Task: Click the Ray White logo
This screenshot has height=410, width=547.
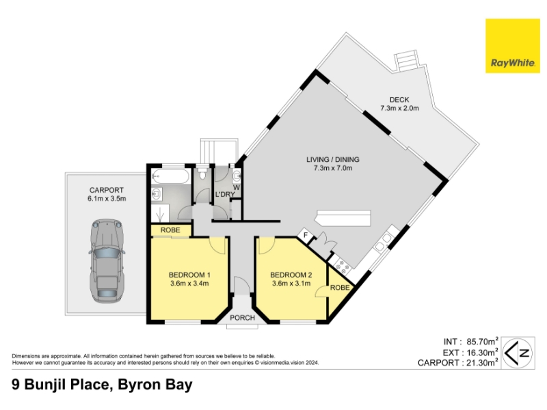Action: (512, 46)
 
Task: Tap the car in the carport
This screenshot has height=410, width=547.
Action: (107, 260)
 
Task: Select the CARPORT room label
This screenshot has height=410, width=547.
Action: (107, 190)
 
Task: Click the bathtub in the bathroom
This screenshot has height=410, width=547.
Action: (170, 176)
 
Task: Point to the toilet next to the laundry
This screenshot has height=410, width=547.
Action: (202, 174)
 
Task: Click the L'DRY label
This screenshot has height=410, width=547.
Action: (225, 194)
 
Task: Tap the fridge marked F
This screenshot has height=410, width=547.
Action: (306, 235)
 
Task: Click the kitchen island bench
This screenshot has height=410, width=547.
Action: (343, 218)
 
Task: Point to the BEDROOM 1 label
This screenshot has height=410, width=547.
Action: (189, 275)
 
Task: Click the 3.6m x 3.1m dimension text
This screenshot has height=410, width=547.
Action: (291, 284)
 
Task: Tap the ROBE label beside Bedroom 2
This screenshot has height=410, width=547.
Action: (340, 288)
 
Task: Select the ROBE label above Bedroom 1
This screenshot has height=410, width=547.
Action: (170, 230)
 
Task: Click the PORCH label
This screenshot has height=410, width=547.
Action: (242, 318)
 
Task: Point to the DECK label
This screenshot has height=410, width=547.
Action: (399, 100)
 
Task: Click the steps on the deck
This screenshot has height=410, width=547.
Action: (406, 61)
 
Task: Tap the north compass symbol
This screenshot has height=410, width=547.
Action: (518, 353)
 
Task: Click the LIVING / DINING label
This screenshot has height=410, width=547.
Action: (333, 159)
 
